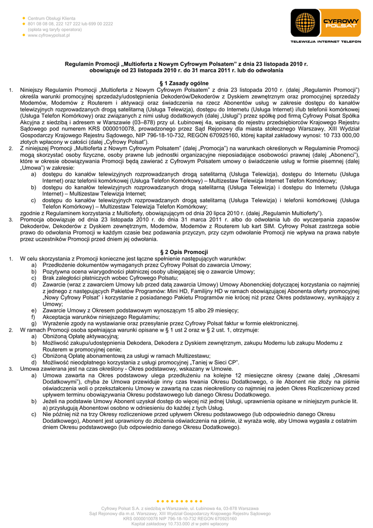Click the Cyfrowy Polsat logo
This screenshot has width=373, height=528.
(326, 23)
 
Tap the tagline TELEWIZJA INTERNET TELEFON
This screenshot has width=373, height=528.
(326, 41)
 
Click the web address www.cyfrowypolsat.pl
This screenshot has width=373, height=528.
(49, 36)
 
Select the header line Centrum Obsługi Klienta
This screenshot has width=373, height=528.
(52, 18)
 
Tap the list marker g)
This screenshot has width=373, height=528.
(34, 323)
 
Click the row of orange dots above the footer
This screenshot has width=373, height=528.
(179, 501)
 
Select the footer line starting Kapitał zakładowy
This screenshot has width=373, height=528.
(180, 524)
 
